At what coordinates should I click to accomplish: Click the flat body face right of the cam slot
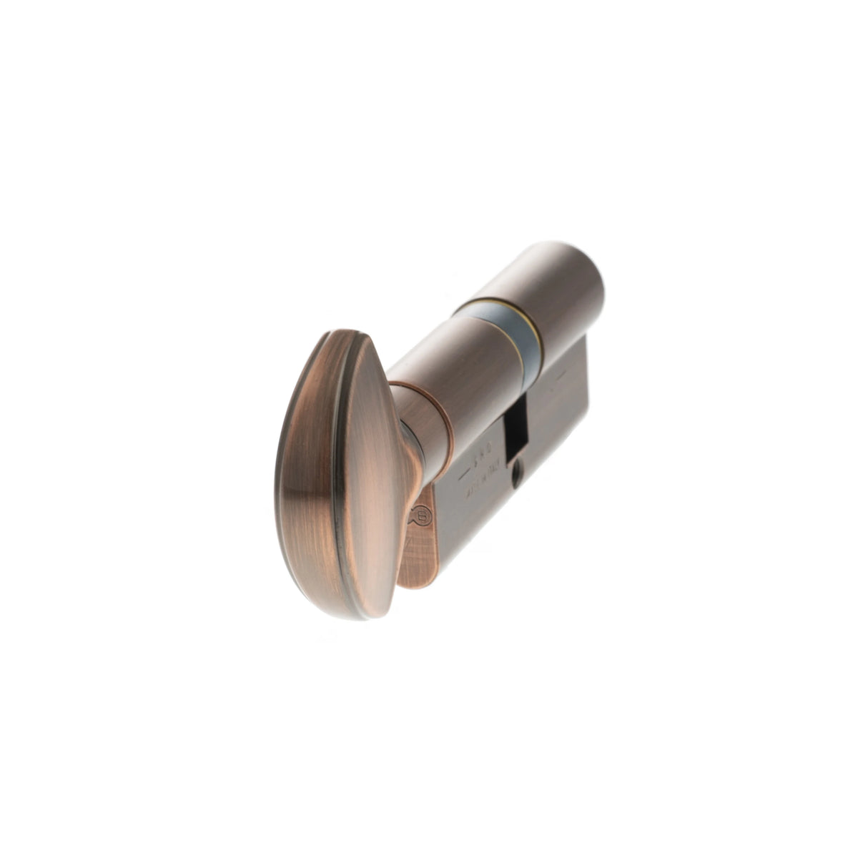coord(558,422)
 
